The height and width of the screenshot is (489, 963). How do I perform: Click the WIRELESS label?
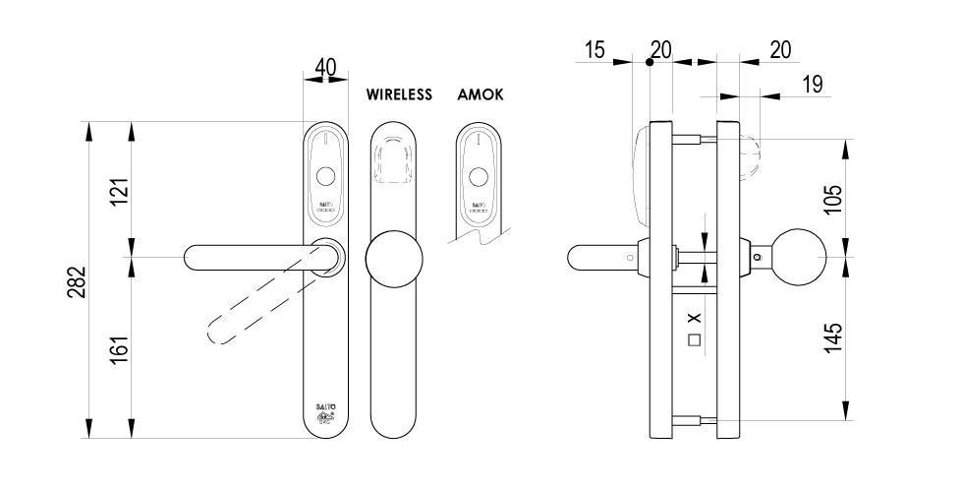(399, 95)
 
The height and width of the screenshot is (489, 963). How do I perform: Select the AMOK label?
(481, 95)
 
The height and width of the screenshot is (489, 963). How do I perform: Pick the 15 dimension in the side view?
(595, 50)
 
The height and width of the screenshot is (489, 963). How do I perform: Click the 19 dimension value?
(812, 85)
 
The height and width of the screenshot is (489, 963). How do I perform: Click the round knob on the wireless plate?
(394, 260)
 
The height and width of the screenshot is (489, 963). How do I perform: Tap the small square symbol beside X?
(694, 341)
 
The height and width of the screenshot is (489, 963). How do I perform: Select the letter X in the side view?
(694, 319)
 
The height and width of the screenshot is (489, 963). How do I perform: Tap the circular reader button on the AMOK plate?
(479, 177)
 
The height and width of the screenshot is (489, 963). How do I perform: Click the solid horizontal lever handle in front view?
(251, 257)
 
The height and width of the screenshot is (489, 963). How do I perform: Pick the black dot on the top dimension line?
(650, 62)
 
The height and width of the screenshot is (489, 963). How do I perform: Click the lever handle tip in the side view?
(576, 258)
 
